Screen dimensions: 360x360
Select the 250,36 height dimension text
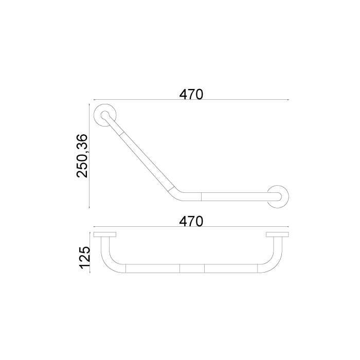82,156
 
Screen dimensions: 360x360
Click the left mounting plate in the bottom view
105,235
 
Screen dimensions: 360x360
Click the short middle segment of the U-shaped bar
191,268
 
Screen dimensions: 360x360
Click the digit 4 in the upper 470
184,94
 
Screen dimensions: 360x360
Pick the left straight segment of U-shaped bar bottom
152,268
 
